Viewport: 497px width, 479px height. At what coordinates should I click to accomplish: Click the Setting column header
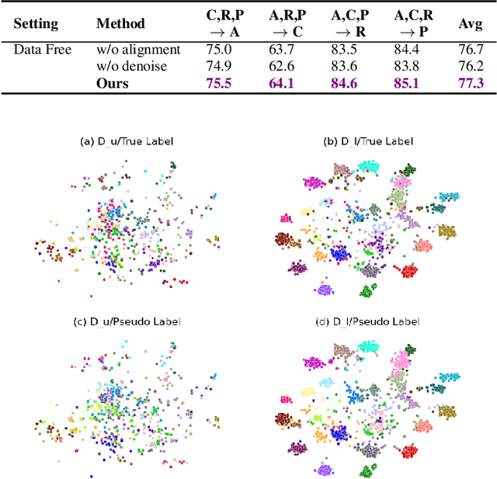click(x=36, y=23)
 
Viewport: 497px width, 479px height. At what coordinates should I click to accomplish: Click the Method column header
click(x=120, y=23)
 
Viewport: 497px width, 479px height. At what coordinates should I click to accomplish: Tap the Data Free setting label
click(x=43, y=50)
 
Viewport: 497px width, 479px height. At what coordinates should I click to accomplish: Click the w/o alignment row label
click(x=138, y=50)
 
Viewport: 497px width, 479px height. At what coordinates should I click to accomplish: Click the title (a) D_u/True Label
click(x=127, y=141)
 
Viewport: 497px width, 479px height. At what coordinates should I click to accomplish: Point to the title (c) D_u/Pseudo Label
click(x=127, y=321)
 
